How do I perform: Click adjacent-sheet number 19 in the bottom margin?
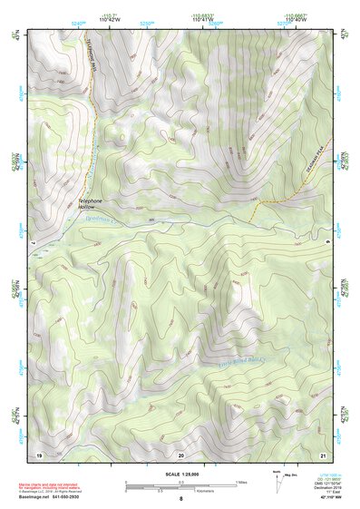(x=39, y=454)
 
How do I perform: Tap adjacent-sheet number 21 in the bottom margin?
(x=323, y=454)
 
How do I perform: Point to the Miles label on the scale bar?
(x=238, y=481)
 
